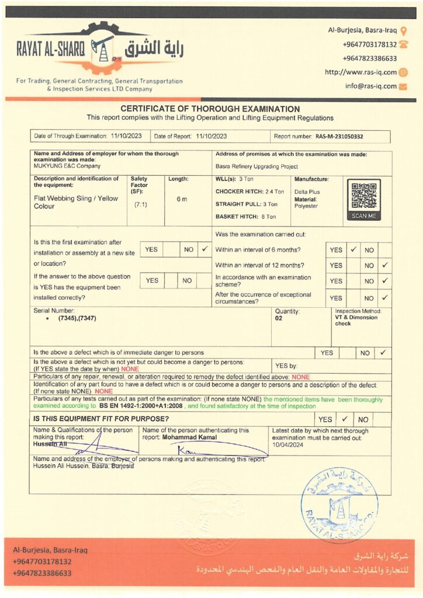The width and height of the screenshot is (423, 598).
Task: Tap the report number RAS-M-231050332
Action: tap(339, 136)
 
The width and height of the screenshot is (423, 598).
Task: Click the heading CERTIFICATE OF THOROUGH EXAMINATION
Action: tap(210, 109)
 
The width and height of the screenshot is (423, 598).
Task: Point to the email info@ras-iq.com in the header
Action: tap(370, 86)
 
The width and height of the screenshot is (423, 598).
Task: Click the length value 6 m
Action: tap(182, 199)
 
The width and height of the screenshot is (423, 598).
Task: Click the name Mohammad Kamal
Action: tap(189, 437)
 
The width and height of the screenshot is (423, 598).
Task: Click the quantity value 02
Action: tap(279, 318)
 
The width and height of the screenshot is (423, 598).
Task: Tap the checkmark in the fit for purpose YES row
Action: tap(345, 419)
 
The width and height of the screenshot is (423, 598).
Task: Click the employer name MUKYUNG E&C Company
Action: tap(63, 166)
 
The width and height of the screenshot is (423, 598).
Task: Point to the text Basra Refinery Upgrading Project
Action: tap(256, 166)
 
